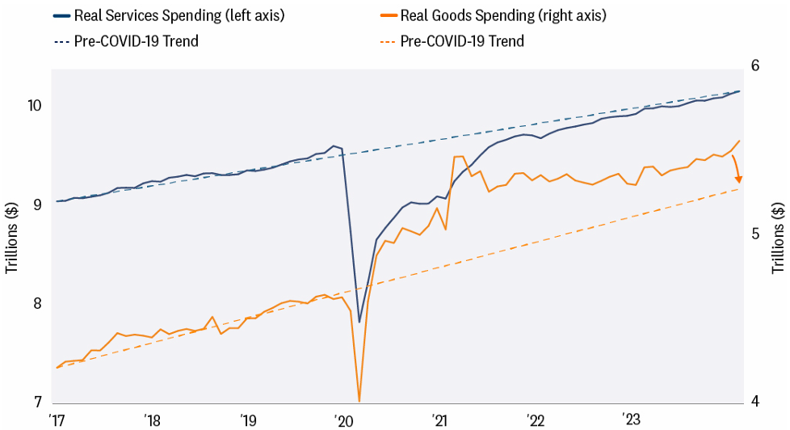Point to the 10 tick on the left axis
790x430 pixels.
click(x=32, y=105)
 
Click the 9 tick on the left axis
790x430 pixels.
click(x=36, y=205)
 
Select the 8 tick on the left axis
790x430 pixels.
click(x=36, y=304)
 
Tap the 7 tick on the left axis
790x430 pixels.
click(x=36, y=403)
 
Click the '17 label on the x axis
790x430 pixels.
click(x=57, y=419)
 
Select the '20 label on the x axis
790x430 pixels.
click(x=343, y=419)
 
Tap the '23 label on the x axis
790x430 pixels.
click(x=630, y=419)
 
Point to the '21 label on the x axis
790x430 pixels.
click(x=439, y=419)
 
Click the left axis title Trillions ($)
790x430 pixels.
click(x=12, y=234)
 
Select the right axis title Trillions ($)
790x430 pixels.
click(x=778, y=234)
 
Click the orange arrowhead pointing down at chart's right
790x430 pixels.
click(x=738, y=179)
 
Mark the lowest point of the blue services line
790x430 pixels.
click(x=359, y=322)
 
